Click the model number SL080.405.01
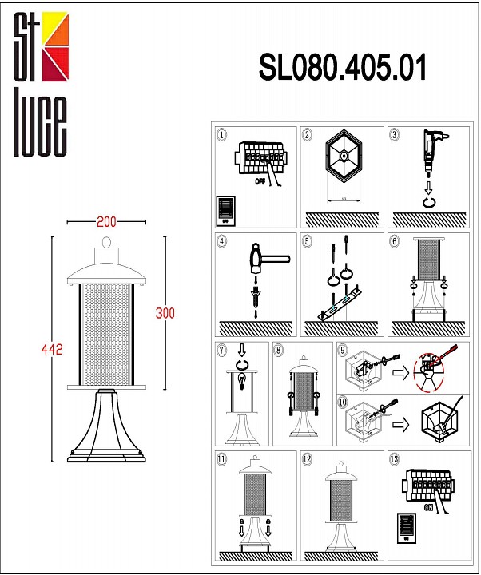pyautogui.click(x=342, y=69)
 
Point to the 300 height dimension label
pyautogui.click(x=165, y=312)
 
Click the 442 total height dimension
pyautogui.click(x=52, y=349)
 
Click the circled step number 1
pyautogui.click(x=222, y=136)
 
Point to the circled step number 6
pyautogui.click(x=394, y=240)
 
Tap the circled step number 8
pyautogui.click(x=278, y=349)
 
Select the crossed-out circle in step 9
pyautogui.click(x=435, y=370)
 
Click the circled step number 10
pyautogui.click(x=343, y=402)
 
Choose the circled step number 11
pyautogui.click(x=222, y=458)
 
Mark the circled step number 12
pyautogui.click(x=308, y=458)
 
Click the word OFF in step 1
pyautogui.click(x=260, y=181)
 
